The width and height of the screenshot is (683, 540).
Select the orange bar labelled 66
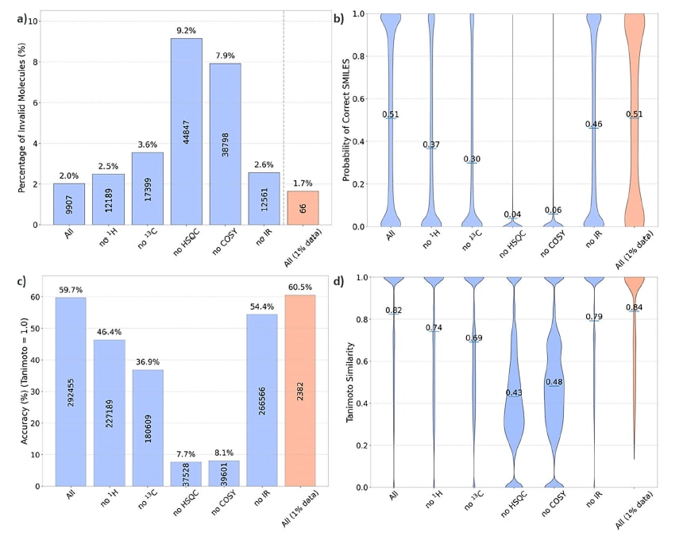pyautogui.click(x=303, y=208)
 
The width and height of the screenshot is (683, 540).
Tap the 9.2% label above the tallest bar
pyautogui.click(x=186, y=31)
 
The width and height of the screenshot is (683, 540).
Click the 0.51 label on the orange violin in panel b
pyautogui.click(x=635, y=114)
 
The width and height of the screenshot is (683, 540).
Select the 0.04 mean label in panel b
pyautogui.click(x=513, y=214)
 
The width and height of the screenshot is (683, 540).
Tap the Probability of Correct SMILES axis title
pyautogui.click(x=347, y=119)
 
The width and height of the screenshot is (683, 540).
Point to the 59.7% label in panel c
pyautogui.click(x=70, y=290)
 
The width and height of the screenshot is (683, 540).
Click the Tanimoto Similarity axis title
pyautogui.click(x=349, y=381)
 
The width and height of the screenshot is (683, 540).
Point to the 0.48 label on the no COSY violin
pyautogui.click(x=554, y=382)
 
